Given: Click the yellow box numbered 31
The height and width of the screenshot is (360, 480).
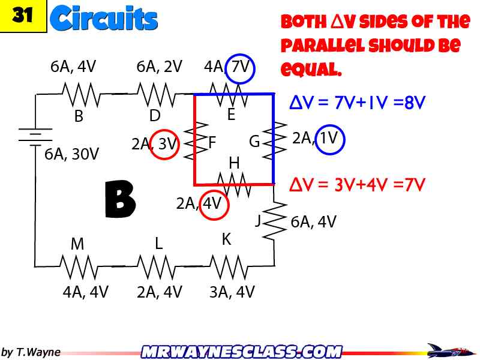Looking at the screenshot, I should coord(23,16).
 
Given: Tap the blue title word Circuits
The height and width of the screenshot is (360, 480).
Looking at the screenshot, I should coord(104,19).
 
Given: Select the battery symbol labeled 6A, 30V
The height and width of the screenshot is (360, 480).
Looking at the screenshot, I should coord(35,136).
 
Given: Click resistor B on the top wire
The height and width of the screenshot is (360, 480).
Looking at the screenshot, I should coord(79,94).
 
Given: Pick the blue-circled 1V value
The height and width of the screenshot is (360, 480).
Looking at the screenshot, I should coord(330,139).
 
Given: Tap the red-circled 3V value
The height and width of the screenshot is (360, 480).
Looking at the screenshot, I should coord(165,144).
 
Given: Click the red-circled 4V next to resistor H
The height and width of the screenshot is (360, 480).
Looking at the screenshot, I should coord(212,204).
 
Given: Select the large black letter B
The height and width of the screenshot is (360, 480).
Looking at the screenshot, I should coord(120,199).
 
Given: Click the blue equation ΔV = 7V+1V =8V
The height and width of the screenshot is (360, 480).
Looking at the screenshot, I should coord(357,103).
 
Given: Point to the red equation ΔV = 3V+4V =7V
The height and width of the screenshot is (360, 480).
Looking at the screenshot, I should coord(357,184).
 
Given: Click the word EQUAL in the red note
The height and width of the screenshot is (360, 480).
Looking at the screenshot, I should coord(311,70).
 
